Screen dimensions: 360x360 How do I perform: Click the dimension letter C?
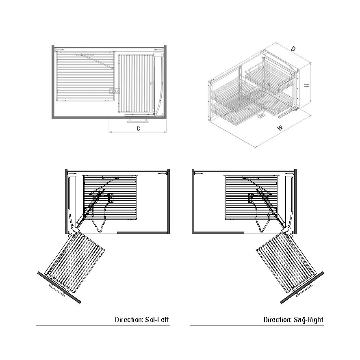[138, 128]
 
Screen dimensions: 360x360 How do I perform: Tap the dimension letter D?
[293, 49]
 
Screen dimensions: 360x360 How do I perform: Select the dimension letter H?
[307, 85]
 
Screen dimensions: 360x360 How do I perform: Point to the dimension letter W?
[280, 128]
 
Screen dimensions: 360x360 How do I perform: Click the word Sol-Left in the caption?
[157, 320]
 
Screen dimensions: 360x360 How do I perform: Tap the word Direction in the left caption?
[129, 320]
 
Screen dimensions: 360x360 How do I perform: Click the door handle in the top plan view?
[137, 120]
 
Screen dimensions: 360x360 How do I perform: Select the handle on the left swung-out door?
[57, 291]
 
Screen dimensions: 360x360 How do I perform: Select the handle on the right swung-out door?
[304, 290]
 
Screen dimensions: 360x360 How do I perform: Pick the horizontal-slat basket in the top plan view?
[85, 76]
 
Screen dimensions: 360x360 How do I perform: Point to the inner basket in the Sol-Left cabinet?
[110, 197]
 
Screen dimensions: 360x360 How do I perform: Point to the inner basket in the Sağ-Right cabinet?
[252, 197]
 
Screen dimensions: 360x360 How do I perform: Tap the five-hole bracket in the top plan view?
[85, 54]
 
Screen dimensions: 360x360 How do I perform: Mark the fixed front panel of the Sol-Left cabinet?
[143, 233]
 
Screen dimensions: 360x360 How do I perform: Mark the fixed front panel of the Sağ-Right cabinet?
[218, 233]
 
